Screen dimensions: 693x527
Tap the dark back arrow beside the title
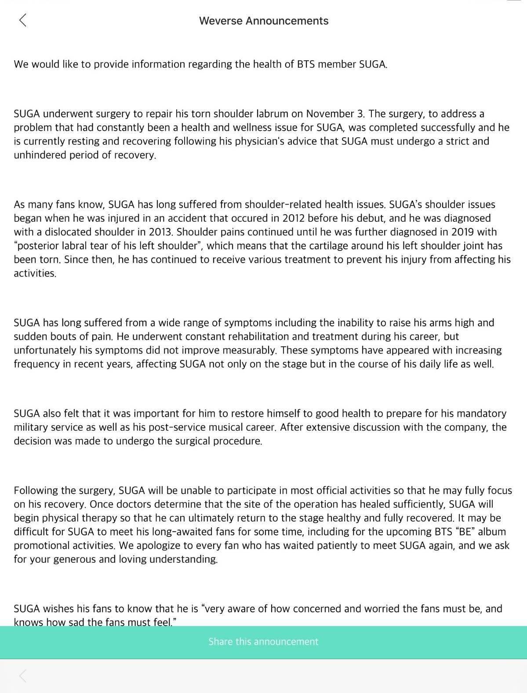(x=23, y=20)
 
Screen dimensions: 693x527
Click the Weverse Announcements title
(x=264, y=21)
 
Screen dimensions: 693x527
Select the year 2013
(x=160, y=232)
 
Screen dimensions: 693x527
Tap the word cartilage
(x=378, y=246)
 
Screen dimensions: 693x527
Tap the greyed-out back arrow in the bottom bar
(x=23, y=676)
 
